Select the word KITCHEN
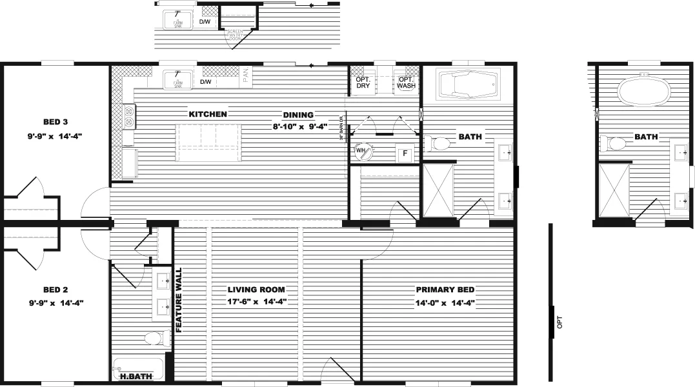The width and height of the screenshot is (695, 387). click(208, 114)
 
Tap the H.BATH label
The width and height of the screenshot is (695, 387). click(131, 375)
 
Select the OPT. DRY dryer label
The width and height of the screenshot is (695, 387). click(363, 82)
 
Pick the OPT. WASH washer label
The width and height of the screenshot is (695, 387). click(405, 82)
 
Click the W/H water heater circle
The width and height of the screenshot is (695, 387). click(360, 152)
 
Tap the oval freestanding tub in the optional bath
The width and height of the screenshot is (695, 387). click(644, 91)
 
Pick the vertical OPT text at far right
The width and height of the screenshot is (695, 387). click(559, 321)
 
